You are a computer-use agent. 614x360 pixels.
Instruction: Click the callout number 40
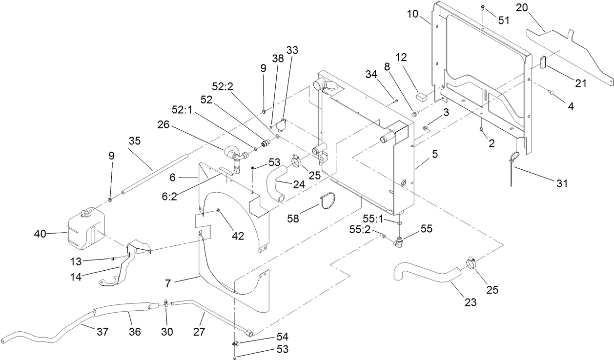pos(40,235)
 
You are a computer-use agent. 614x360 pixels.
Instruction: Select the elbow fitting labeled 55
pos(401,240)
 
